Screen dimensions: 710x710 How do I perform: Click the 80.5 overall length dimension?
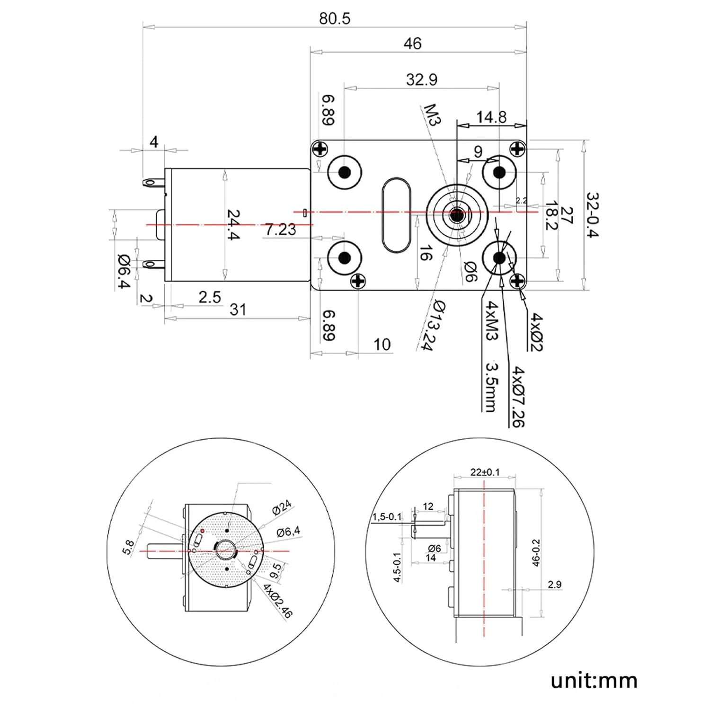coord(334,18)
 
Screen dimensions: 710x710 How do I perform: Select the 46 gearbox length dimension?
coord(412,44)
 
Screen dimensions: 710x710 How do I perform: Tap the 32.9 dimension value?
coord(421,80)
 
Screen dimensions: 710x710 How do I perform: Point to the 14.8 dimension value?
coord(491,117)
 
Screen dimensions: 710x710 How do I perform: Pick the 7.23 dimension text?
coord(280,230)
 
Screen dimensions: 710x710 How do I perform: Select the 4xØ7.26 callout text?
coord(518,396)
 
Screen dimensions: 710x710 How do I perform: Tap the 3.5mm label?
coord(492,387)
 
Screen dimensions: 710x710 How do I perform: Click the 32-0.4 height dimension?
coord(593,215)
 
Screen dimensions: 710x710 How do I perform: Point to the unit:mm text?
coord(594,681)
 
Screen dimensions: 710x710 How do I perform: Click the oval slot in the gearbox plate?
coord(396,215)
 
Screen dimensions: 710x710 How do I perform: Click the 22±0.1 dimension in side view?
coord(484,472)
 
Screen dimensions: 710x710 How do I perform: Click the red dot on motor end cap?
coord(203,531)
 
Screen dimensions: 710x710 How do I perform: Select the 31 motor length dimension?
coord(238,310)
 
